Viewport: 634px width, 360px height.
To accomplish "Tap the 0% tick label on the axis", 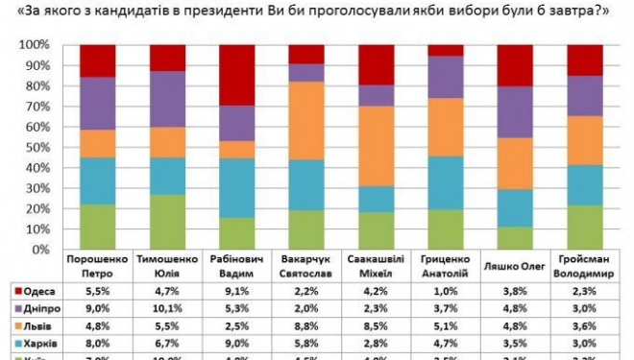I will pyautogui.click(x=42, y=251).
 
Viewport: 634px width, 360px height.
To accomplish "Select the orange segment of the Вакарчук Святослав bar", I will pyautogui.click(x=306, y=120).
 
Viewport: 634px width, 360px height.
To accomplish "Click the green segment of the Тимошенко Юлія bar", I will pyautogui.click(x=168, y=222).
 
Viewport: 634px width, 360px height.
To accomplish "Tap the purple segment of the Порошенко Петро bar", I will pyautogui.click(x=98, y=103).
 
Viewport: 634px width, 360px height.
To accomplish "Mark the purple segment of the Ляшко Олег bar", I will pyautogui.click(x=516, y=111).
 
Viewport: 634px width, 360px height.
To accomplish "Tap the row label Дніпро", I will pyautogui.click(x=35, y=307).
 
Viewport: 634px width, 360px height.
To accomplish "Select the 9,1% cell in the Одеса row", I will pyautogui.click(x=237, y=289).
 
